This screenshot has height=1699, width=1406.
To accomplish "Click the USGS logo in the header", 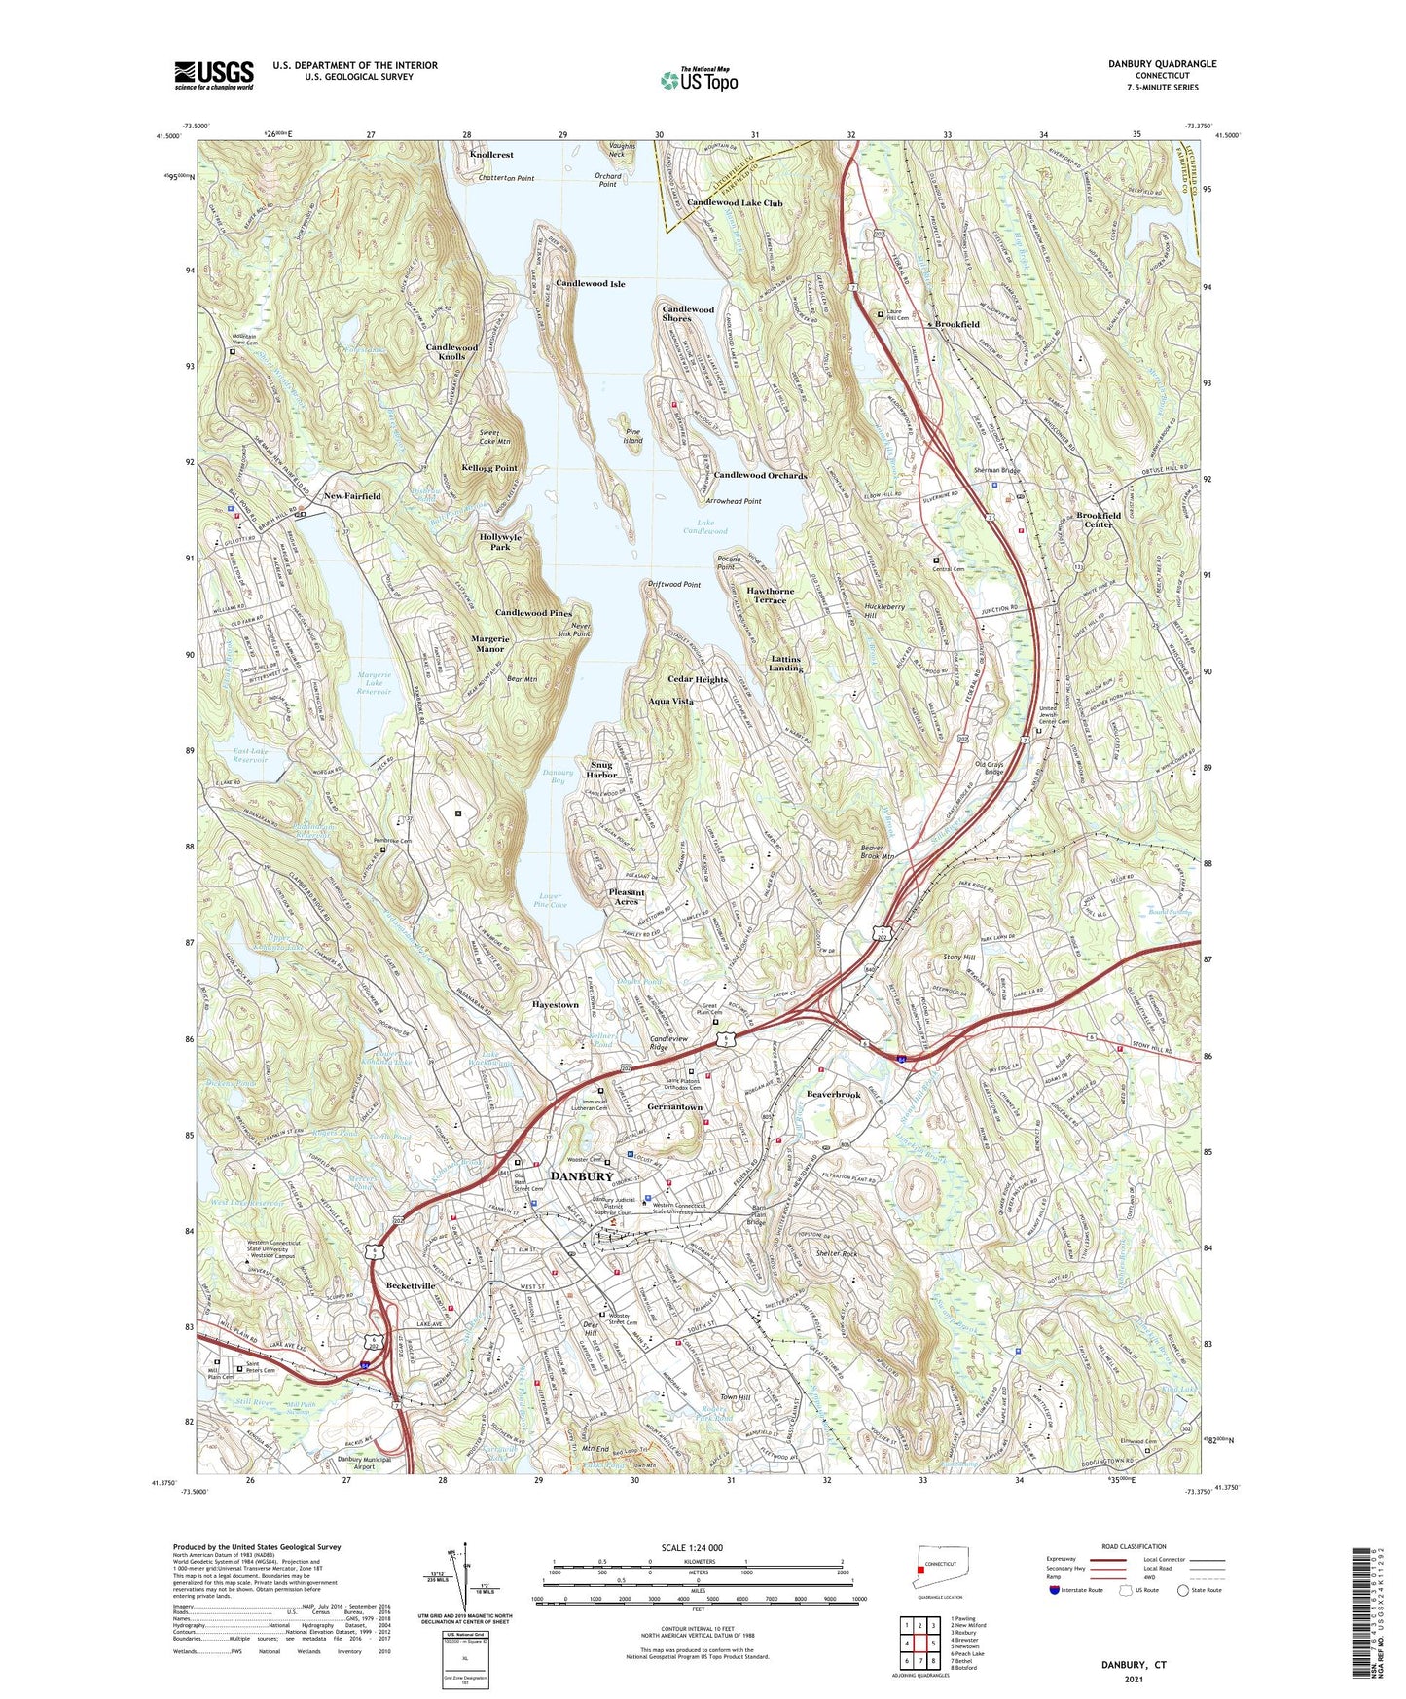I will (214, 75).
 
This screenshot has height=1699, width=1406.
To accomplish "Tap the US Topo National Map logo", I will (698, 80).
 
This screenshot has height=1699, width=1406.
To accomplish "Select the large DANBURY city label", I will (582, 1176).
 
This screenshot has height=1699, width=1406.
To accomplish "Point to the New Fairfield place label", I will (352, 496).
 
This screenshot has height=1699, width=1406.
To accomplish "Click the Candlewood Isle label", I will (590, 284).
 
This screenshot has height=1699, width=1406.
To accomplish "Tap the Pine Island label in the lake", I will (633, 435).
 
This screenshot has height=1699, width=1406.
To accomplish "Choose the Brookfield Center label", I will (1099, 520).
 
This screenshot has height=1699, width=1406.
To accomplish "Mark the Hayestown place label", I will (556, 1004).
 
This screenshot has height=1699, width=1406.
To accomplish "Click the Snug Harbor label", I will (601, 770).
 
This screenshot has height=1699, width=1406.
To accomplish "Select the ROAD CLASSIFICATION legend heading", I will (1135, 1546).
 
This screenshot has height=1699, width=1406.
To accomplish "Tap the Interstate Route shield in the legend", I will (1058, 1590).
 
